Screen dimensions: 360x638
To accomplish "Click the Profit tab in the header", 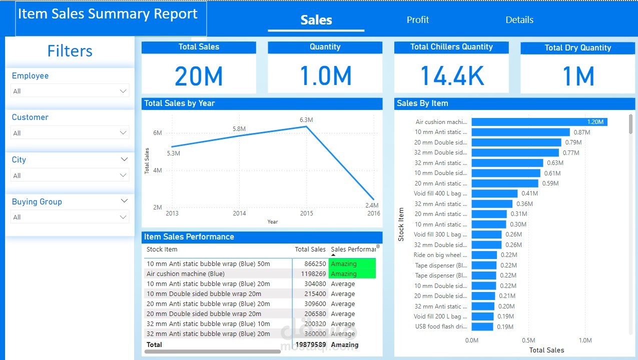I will coord(418,20).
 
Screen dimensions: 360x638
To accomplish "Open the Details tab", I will coord(519,20).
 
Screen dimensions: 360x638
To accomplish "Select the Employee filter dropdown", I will coord(70,91).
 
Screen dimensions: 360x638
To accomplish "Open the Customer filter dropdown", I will coord(70,133).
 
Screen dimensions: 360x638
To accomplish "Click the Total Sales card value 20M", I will coord(199,76).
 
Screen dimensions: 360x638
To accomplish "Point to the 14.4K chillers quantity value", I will coord(451,76).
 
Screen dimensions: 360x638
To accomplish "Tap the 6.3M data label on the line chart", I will coord(306,120).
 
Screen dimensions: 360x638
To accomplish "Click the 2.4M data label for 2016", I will coord(372,205).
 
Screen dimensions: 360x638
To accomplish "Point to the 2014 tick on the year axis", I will coord(239,213).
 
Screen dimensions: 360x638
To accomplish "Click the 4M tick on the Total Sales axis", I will coord(158,170).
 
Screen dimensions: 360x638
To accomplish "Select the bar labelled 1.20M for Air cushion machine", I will coord(539,122).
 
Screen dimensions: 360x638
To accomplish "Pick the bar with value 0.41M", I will coord(494,193).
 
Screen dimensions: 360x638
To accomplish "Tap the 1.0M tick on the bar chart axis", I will coord(585,340).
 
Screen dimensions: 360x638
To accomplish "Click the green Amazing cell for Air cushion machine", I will coord(352,274).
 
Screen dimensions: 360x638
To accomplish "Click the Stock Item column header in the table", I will coord(162,249).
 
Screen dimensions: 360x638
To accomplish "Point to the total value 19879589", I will coord(310,344).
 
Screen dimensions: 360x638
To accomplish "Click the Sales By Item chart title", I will coord(422,103).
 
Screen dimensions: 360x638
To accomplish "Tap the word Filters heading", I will coord(70,51).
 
